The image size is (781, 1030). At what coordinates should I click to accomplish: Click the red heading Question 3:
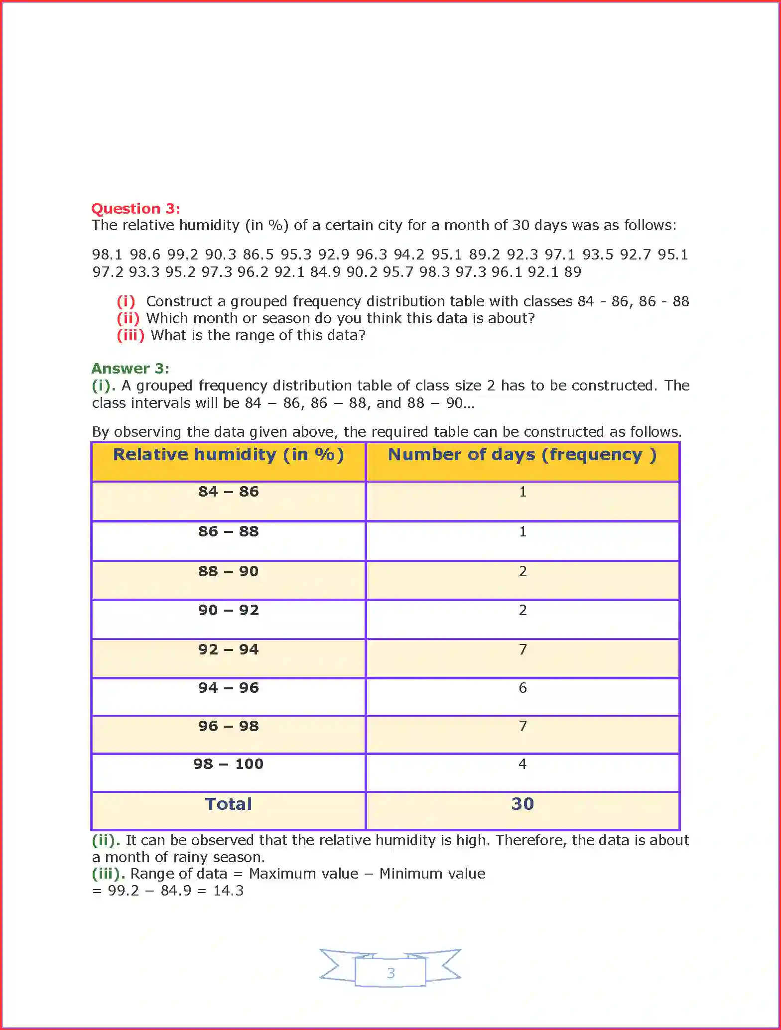(135, 209)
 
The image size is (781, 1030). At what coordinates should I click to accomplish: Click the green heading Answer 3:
(130, 369)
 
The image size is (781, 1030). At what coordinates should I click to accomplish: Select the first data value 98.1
(107, 255)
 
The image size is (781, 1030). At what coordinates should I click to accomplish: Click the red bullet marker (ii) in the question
(128, 318)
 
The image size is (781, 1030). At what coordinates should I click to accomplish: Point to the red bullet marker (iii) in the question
(130, 335)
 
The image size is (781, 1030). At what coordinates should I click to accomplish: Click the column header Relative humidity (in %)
(228, 455)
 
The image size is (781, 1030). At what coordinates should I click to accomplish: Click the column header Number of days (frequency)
(522, 455)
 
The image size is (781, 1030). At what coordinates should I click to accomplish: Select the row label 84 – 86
(228, 492)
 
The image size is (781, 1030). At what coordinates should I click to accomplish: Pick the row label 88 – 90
(228, 571)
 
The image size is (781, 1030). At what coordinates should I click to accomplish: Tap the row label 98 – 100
(228, 764)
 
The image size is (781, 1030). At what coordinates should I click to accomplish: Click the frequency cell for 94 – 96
(522, 688)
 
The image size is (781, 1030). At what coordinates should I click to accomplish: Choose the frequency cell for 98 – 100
(522, 764)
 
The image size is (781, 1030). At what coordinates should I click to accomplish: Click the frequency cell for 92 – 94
(522, 649)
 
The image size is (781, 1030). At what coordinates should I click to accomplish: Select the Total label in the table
(228, 804)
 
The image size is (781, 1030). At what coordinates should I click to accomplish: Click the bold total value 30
(522, 804)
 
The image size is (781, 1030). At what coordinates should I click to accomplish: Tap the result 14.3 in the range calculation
(229, 891)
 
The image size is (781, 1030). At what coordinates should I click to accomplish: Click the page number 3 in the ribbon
(390, 973)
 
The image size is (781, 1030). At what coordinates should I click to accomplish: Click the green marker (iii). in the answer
(108, 874)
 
